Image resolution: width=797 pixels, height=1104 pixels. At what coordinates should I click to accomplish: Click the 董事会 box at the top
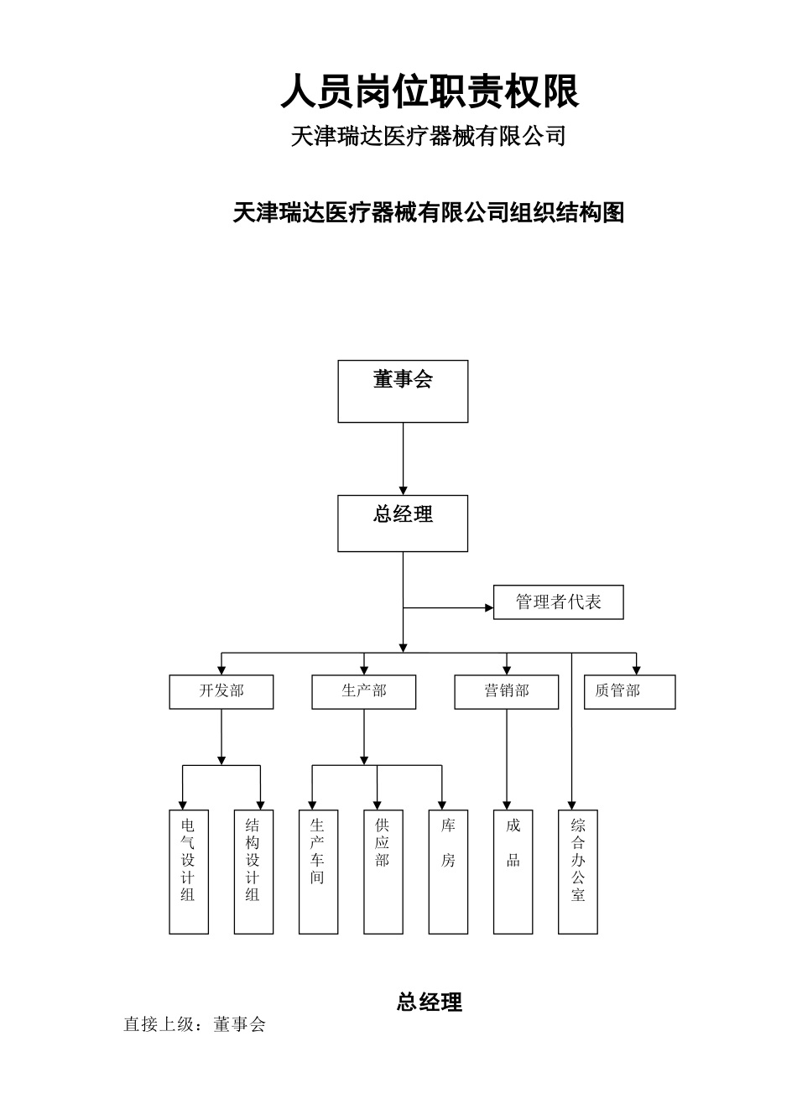403,391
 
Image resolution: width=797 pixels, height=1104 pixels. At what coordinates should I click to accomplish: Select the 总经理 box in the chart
403,523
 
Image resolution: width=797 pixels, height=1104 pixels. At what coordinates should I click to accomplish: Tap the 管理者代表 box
558,602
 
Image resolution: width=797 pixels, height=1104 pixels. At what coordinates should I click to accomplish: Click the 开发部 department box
221,691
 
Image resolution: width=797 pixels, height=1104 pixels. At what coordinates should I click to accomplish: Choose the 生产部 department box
363,691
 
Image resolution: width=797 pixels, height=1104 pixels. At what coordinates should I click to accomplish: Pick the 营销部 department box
506,691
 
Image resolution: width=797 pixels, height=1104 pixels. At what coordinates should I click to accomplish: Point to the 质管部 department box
629,691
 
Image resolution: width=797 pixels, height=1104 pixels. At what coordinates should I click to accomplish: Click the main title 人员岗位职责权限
430,91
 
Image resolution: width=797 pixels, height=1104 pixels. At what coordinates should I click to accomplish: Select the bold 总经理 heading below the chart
429,1002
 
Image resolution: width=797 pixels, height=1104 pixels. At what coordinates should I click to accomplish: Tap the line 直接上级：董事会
195,1024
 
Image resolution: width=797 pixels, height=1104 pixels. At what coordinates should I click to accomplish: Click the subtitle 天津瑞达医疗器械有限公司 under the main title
428,136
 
